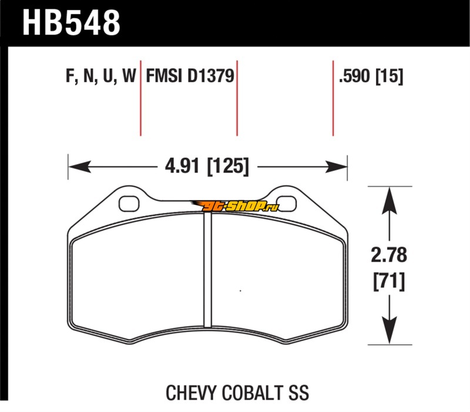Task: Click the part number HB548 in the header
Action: point(71,23)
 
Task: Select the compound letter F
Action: point(69,76)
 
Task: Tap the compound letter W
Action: point(129,76)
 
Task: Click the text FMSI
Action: point(164,76)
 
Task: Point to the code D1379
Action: point(211,76)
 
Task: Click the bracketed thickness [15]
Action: point(390,76)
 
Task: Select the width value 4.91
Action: point(182,166)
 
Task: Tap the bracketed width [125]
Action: point(228,166)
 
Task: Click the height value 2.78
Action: point(389,255)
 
